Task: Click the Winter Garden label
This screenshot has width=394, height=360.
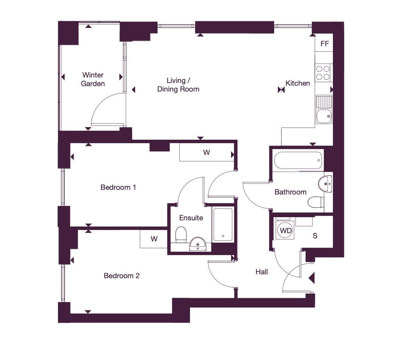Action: [93, 79]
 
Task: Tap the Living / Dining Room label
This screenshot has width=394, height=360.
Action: [178, 85]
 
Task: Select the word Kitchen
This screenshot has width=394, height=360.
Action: [298, 83]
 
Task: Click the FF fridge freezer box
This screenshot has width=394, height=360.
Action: [324, 44]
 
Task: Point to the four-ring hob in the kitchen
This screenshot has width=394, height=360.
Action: [323, 72]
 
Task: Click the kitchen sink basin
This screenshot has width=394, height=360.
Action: [324, 117]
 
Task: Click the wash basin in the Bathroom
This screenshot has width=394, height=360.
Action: [325, 184]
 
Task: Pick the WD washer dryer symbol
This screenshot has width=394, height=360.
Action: [286, 230]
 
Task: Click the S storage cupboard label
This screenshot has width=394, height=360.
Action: [315, 236]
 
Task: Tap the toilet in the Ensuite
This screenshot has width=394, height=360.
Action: [181, 235]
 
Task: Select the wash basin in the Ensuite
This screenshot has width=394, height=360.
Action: [198, 244]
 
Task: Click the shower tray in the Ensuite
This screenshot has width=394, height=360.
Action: [222, 225]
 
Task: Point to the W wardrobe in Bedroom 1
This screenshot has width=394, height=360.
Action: [206, 152]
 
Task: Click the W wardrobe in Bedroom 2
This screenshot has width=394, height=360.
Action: [154, 239]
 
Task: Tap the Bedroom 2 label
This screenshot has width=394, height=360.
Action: [122, 276]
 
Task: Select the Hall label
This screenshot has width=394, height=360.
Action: [262, 272]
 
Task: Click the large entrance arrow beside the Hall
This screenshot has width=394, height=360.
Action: [312, 278]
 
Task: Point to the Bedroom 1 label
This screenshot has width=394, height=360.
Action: [118, 187]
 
